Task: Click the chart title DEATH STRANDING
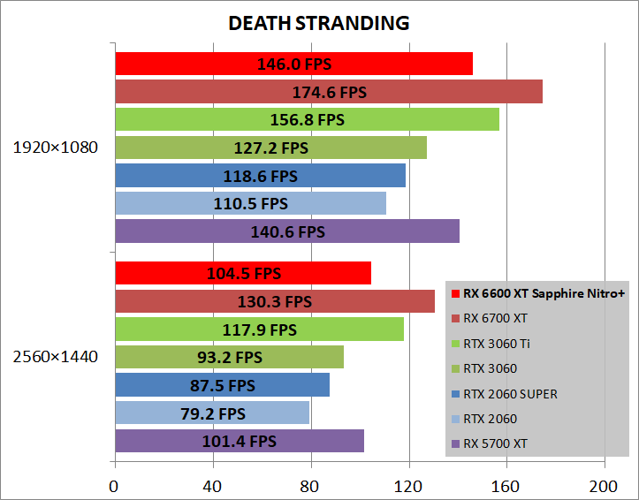click(319, 24)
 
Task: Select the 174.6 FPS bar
click(328, 92)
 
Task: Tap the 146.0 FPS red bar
click(293, 64)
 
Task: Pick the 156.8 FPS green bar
click(307, 119)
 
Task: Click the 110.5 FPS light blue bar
click(250, 204)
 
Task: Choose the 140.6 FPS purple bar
click(287, 231)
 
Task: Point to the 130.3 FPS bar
click(274, 301)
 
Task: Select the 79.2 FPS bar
click(211, 413)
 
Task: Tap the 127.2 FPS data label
click(270, 148)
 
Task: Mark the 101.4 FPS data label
click(239, 441)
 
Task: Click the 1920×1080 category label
click(55, 148)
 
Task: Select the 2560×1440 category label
click(55, 357)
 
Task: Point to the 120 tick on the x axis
click(408, 486)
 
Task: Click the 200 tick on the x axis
click(605, 486)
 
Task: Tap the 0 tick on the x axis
click(114, 486)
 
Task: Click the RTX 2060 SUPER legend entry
click(510, 394)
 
